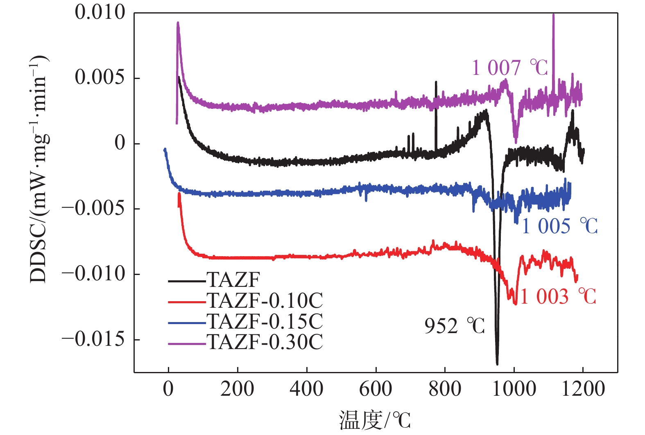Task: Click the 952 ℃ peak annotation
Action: (x=454, y=327)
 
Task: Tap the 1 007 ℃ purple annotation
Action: (x=509, y=68)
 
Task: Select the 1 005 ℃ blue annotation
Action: (x=559, y=226)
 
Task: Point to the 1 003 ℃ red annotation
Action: (x=558, y=297)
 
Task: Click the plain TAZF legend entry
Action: (x=233, y=280)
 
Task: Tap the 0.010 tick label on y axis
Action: (x=100, y=12)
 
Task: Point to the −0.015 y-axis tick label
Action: (x=93, y=339)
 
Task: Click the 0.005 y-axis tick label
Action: (x=100, y=77)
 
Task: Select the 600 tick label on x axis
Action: (x=376, y=389)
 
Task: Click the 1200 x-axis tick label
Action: (x=583, y=389)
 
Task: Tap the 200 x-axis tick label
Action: (x=237, y=389)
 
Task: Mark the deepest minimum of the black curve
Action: (x=497, y=363)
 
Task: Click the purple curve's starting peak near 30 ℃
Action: (x=178, y=23)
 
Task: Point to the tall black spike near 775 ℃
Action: (x=436, y=83)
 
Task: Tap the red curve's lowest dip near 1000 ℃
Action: (x=515, y=303)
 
